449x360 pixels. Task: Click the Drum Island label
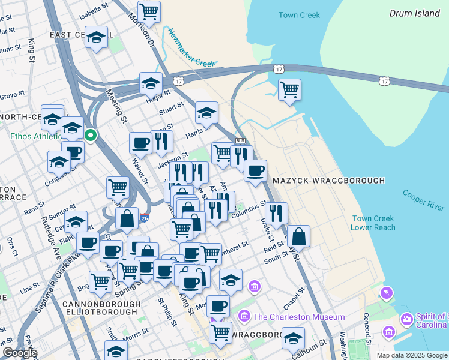click(414, 13)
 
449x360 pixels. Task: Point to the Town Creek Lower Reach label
click(373, 223)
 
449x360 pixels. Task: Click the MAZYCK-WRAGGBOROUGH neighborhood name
click(328, 180)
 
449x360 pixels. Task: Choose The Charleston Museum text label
click(299, 317)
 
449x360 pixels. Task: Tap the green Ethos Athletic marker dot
click(91, 135)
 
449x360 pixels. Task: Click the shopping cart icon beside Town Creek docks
click(289, 89)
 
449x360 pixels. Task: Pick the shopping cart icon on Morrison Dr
click(148, 10)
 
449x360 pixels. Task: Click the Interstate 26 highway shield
click(145, 219)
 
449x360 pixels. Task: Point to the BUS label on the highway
click(241, 140)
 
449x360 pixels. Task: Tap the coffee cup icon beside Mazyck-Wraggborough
click(255, 170)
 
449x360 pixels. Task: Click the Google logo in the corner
click(20, 353)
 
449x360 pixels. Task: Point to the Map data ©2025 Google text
click(411, 355)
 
